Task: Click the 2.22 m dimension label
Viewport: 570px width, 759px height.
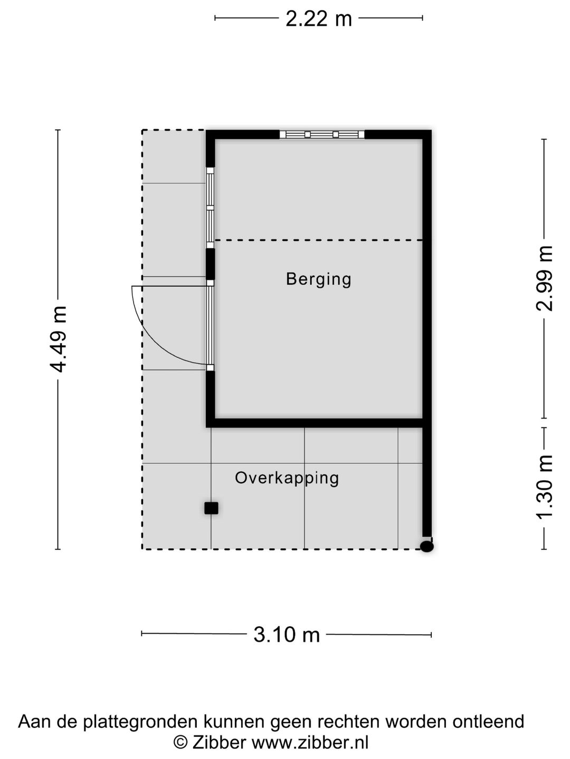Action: (x=318, y=19)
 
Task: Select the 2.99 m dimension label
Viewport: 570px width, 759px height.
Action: (x=545, y=278)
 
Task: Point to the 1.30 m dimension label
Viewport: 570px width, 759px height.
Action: (x=545, y=487)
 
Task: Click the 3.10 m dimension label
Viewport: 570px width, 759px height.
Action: (x=287, y=634)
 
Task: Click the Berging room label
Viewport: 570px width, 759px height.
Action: (x=318, y=279)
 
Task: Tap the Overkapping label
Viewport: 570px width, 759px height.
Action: (x=287, y=478)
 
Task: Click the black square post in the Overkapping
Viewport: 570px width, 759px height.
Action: (x=211, y=508)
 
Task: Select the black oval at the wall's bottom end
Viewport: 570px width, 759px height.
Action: (x=427, y=547)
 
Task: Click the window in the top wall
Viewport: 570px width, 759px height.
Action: (x=321, y=134)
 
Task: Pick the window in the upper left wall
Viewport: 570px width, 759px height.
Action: (x=210, y=207)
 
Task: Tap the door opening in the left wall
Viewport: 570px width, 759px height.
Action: (x=210, y=325)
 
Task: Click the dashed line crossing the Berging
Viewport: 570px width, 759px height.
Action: (x=318, y=240)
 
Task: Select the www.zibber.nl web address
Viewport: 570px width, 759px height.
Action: (x=310, y=743)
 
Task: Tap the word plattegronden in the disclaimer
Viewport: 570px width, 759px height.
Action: (x=139, y=722)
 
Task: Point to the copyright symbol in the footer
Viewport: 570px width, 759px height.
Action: (x=180, y=743)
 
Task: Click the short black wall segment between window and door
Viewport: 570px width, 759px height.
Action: (x=210, y=264)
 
